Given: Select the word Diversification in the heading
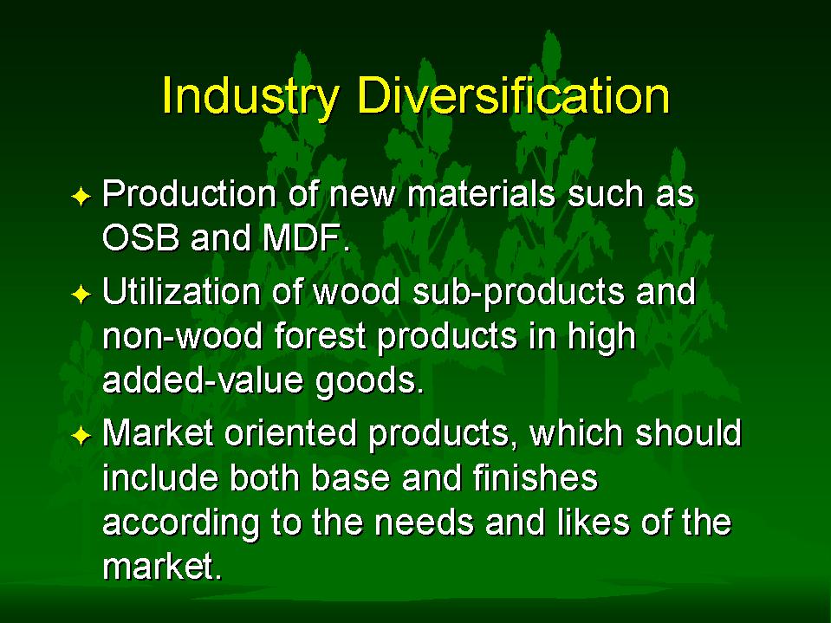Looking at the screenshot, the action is tap(514, 94).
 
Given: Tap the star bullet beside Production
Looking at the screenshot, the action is tap(81, 197).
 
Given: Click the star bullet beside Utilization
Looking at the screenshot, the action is tap(81, 294).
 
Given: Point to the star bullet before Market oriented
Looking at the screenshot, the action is tap(81, 436).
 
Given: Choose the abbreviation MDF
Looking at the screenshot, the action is tap(302, 238).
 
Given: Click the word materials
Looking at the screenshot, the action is tap(481, 193).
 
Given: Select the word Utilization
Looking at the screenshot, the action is tap(181, 291).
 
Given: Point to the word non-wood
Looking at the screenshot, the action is tap(182, 337).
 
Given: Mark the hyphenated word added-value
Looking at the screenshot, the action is tap(203, 380).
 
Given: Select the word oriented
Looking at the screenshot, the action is tap(290, 432).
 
